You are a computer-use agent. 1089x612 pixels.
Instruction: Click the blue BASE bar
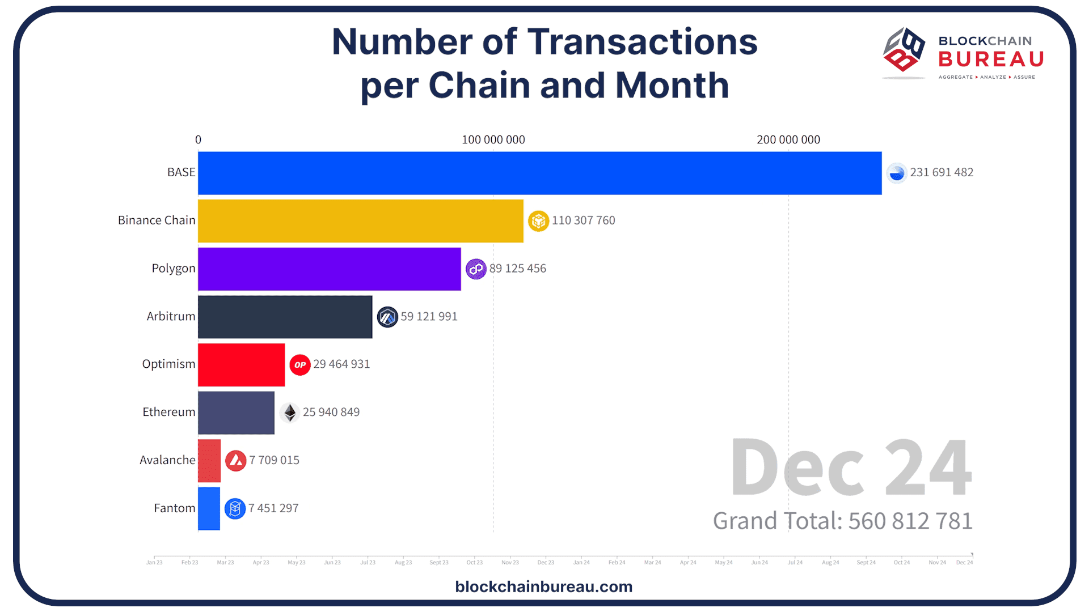(x=539, y=173)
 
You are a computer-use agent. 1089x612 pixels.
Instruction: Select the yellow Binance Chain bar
(x=360, y=221)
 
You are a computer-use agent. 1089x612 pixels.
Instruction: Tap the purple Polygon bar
(x=329, y=269)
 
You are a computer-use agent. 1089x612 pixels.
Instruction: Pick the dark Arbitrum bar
(x=285, y=317)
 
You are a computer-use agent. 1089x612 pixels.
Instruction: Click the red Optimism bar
(x=241, y=365)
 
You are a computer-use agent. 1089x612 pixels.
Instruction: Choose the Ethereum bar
(x=236, y=413)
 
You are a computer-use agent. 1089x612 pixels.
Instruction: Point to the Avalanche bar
(x=209, y=461)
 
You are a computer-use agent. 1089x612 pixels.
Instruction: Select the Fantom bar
(x=209, y=509)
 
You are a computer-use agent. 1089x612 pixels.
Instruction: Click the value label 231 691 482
(x=942, y=172)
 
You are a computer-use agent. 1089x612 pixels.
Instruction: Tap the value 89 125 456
(x=517, y=269)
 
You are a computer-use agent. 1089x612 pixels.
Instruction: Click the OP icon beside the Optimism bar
(x=300, y=365)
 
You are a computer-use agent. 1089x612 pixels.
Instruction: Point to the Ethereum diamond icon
(x=290, y=413)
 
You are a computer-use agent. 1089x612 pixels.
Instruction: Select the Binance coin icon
(x=538, y=220)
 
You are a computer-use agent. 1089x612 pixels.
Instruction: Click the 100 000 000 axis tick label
(x=493, y=139)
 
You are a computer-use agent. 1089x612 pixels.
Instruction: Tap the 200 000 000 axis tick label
(x=788, y=139)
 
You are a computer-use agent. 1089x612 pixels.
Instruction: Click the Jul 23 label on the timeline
(x=368, y=562)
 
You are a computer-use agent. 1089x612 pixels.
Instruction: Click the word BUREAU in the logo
(x=990, y=59)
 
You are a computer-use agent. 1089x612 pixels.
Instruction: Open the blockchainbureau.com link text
(x=543, y=586)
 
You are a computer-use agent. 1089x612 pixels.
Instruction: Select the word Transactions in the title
(x=642, y=42)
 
